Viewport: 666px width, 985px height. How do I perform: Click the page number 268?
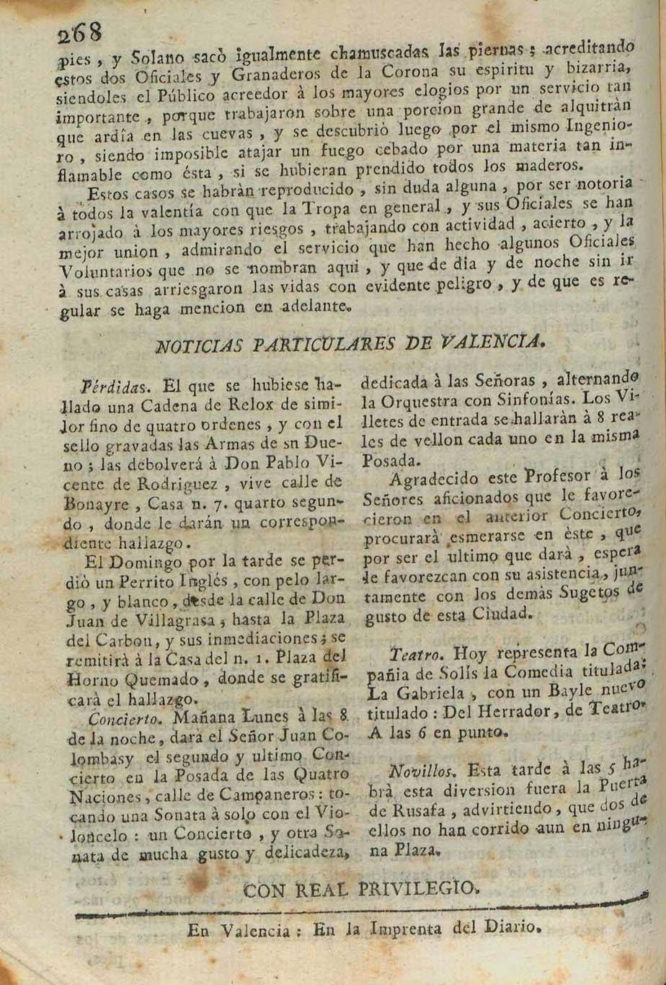click(80, 32)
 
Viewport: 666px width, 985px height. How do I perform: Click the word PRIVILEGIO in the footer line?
click(411, 888)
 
